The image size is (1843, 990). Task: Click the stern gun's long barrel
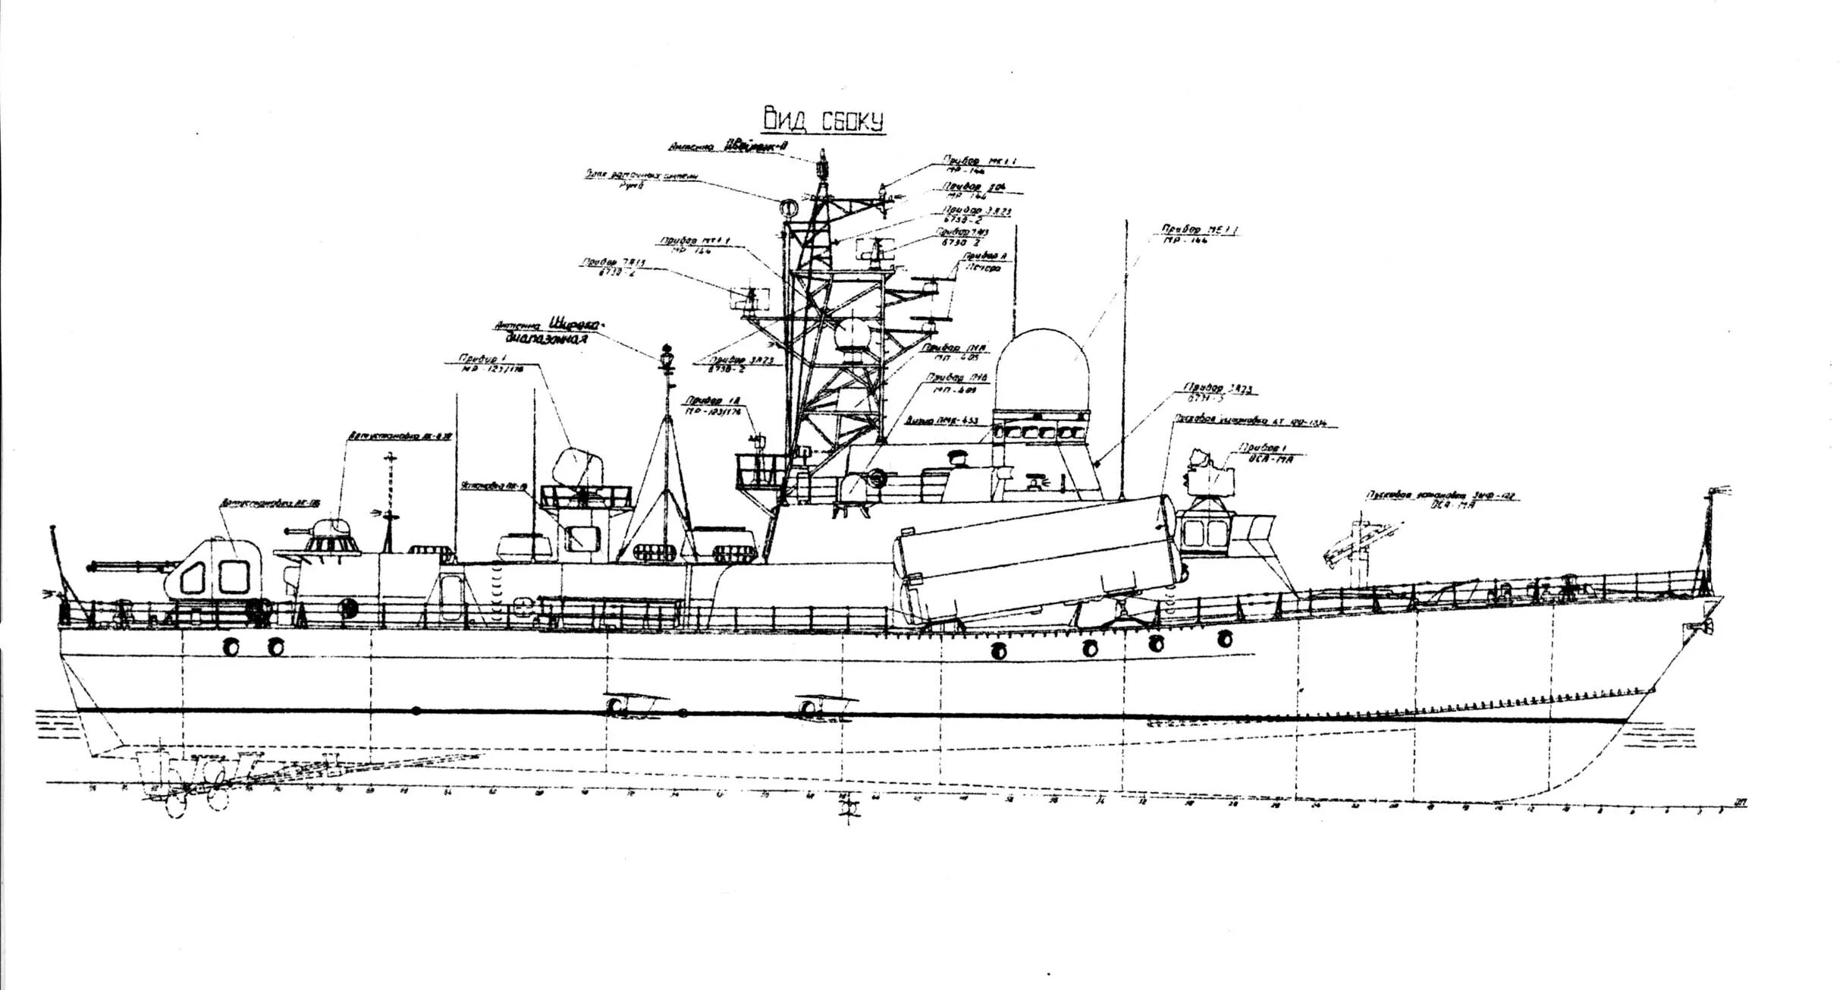(x=129, y=565)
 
